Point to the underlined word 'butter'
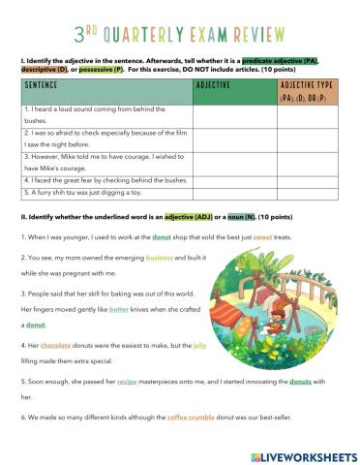(118, 309)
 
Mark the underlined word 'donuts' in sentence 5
(298, 396)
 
